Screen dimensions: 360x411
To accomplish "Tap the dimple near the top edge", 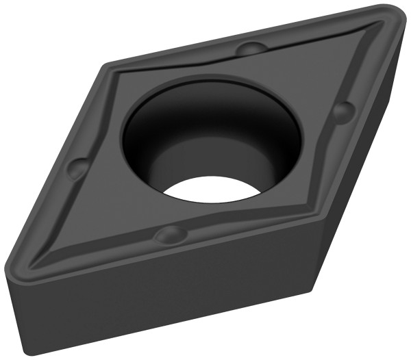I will tap(251, 49).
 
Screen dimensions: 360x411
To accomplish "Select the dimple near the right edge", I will tap(345, 109).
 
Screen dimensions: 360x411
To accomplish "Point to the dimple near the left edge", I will tap(79, 166).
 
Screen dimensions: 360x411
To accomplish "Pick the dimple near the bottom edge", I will tap(169, 236).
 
